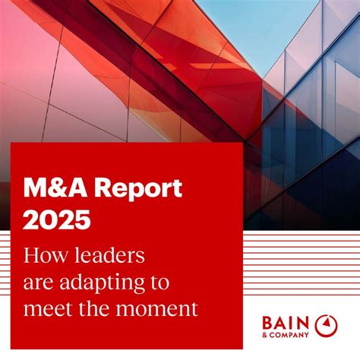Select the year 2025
coord(57,219)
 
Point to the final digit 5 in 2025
coord(81,219)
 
